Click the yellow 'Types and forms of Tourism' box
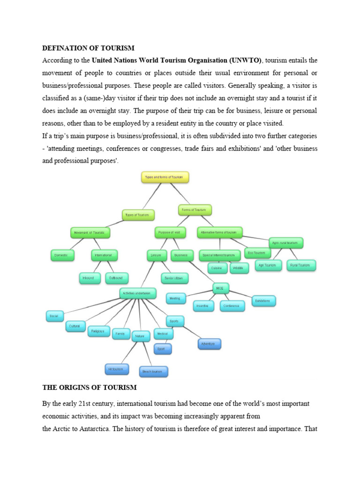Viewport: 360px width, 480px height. (165, 178)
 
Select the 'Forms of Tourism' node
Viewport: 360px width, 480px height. (195, 210)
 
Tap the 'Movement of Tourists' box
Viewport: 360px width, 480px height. (90, 232)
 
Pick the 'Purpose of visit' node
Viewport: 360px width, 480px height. (170, 232)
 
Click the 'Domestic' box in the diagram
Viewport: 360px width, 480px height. (63, 255)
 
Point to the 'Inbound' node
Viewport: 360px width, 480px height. (88, 278)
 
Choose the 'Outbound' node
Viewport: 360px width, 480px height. (116, 278)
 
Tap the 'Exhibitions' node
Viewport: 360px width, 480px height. (263, 301)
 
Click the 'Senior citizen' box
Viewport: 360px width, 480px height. (174, 278)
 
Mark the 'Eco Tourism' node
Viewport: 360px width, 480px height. (256, 253)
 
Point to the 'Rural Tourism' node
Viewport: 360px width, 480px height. (301, 265)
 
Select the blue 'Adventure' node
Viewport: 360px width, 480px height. (209, 344)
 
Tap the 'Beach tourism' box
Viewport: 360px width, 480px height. (153, 372)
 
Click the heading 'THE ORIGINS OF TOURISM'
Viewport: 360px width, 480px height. (90, 388)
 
